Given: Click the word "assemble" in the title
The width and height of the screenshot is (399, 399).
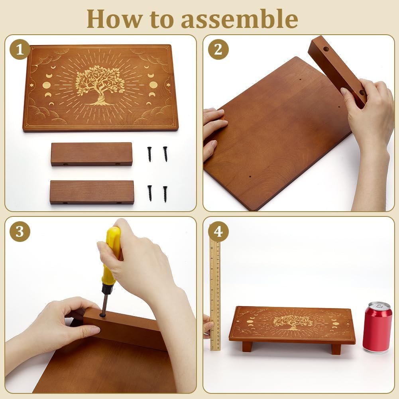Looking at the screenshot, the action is [240, 19].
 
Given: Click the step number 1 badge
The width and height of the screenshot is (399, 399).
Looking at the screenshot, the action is [20, 49].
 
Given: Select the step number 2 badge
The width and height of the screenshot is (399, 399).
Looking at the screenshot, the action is [218, 49].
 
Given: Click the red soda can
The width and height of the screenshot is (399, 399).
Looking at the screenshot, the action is [377, 327].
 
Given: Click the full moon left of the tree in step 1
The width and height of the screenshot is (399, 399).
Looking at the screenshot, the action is [46, 85].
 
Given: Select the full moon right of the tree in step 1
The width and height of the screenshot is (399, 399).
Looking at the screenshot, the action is [153, 85].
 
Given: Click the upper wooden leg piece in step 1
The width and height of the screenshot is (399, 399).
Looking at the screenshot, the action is [92, 155].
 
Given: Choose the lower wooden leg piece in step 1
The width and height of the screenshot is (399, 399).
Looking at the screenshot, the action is [92, 193].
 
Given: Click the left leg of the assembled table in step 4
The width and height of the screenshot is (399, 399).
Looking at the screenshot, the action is [247, 346].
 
